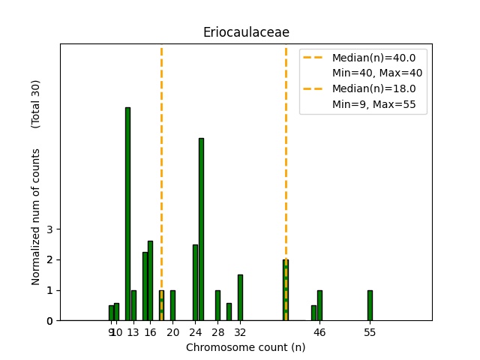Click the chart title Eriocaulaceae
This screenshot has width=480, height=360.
tap(246, 32)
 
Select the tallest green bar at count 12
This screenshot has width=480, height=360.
tap(127, 214)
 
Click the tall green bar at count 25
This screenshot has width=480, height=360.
tap(201, 229)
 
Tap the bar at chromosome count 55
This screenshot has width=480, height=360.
tap(370, 305)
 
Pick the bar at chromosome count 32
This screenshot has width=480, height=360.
tap(240, 298)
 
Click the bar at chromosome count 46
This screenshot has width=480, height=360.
tap(319, 305)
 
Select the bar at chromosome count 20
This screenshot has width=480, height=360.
tap(172, 305)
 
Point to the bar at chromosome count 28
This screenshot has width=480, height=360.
tap(217, 305)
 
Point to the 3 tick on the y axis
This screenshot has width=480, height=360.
tap(49, 229)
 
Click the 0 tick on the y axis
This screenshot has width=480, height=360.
tap(49, 321)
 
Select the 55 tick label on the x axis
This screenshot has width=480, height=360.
tap(370, 332)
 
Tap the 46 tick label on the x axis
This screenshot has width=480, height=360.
tap(319, 332)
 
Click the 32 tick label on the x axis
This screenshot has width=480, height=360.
tap(240, 332)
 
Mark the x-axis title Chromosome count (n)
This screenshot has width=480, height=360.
tap(246, 347)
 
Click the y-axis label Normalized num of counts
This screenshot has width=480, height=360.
tap(36, 216)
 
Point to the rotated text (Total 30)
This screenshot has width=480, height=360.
tap(36, 103)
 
